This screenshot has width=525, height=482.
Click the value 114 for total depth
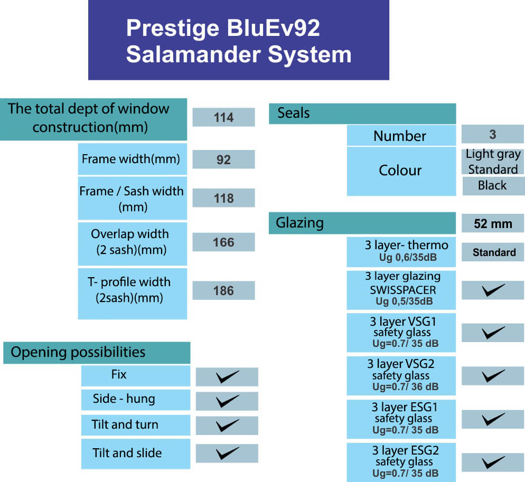(x=223, y=118)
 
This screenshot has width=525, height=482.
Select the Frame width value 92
(x=223, y=159)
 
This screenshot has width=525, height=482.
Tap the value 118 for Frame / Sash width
(x=223, y=198)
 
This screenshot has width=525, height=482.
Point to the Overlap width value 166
(x=223, y=242)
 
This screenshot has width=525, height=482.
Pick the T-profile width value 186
(x=223, y=290)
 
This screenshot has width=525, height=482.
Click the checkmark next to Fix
(x=227, y=377)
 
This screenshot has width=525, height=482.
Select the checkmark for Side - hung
(x=227, y=401)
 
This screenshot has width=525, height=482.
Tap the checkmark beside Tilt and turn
(x=227, y=426)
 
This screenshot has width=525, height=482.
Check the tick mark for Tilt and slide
(x=227, y=453)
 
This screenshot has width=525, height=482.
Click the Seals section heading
(x=294, y=113)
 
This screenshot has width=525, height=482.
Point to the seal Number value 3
(x=493, y=134)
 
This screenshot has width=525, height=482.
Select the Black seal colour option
(x=492, y=185)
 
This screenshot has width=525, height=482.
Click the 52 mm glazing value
(x=493, y=224)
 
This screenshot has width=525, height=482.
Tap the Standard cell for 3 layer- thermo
(x=494, y=252)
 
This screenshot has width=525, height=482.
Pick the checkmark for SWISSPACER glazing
(x=493, y=290)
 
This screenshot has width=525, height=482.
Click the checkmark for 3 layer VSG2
(x=493, y=376)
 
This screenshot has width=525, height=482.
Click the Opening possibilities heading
(x=78, y=352)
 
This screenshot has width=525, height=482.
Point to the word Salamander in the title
(x=193, y=54)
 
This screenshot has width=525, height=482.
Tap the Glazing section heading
(x=299, y=223)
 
